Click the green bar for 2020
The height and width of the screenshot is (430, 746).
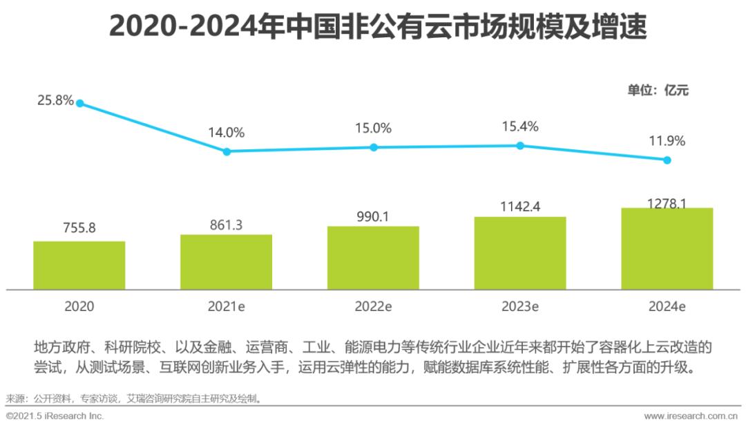pyautogui.click(x=79, y=265)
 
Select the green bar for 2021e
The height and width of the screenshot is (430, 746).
pyautogui.click(x=227, y=261)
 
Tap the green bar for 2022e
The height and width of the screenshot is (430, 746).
pyautogui.click(x=373, y=257)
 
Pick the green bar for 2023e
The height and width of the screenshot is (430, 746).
pyautogui.click(x=520, y=252)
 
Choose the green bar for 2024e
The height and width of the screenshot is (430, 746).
pyautogui.click(x=667, y=248)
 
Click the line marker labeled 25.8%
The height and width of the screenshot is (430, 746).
pyautogui.click(x=80, y=103)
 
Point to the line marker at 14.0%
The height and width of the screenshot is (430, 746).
pyautogui.click(x=227, y=151)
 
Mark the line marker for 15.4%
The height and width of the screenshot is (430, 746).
pyautogui.click(x=520, y=145)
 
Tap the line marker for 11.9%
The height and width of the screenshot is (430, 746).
pyautogui.click(x=667, y=160)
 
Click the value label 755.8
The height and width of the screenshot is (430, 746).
pyautogui.click(x=79, y=229)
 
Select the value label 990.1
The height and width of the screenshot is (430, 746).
pyautogui.click(x=373, y=216)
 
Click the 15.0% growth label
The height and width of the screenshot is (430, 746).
pyautogui.click(x=373, y=128)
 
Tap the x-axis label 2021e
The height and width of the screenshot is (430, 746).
pyautogui.click(x=227, y=306)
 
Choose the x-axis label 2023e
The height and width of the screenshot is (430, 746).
pyautogui.click(x=520, y=306)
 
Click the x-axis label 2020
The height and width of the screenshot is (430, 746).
pyautogui.click(x=79, y=306)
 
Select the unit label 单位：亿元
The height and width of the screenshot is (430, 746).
pyautogui.click(x=658, y=89)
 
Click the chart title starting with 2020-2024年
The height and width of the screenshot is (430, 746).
pyautogui.click(x=378, y=27)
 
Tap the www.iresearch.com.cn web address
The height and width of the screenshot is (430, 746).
pyautogui.click(x=690, y=416)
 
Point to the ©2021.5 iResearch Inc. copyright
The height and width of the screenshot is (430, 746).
pyautogui.click(x=55, y=416)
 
